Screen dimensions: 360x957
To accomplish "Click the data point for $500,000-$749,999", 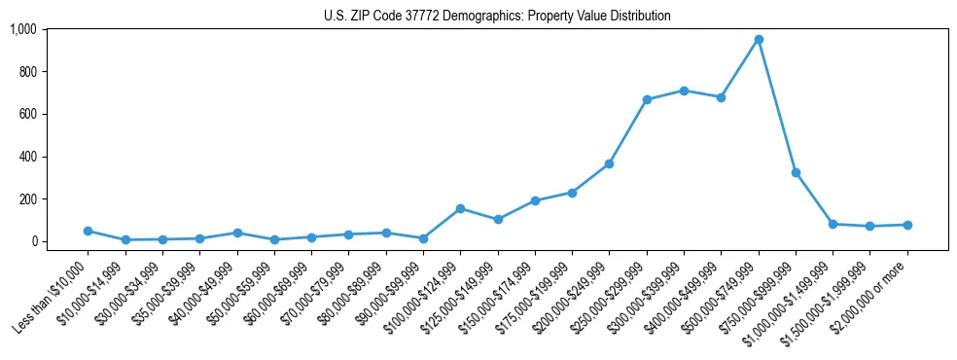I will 759,40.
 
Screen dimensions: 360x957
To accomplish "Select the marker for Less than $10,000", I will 88,231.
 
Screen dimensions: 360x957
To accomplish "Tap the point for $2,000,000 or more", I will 907,225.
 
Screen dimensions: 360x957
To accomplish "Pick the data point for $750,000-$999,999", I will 796,172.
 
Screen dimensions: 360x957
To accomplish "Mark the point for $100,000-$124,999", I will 460,208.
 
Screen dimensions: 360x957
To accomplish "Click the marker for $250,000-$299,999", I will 647,99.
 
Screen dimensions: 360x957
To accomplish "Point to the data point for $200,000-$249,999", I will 609,163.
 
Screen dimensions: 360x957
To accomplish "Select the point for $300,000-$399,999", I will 684,90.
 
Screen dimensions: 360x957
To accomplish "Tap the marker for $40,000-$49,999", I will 236,233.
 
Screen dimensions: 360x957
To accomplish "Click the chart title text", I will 497,17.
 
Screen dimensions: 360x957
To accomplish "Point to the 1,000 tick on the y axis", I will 23,29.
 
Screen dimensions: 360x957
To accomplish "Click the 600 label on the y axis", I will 27,114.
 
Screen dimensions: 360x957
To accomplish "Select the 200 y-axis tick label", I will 27,198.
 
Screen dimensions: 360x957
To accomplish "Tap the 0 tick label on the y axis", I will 34,241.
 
